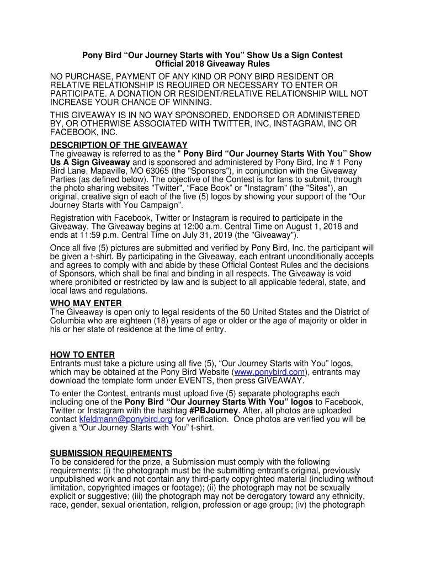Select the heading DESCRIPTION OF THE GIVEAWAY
point(119,145)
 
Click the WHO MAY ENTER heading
point(86,303)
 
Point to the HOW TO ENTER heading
point(82,355)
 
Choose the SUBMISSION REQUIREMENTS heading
point(111,453)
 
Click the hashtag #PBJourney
point(214,411)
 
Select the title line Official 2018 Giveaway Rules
point(212,64)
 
